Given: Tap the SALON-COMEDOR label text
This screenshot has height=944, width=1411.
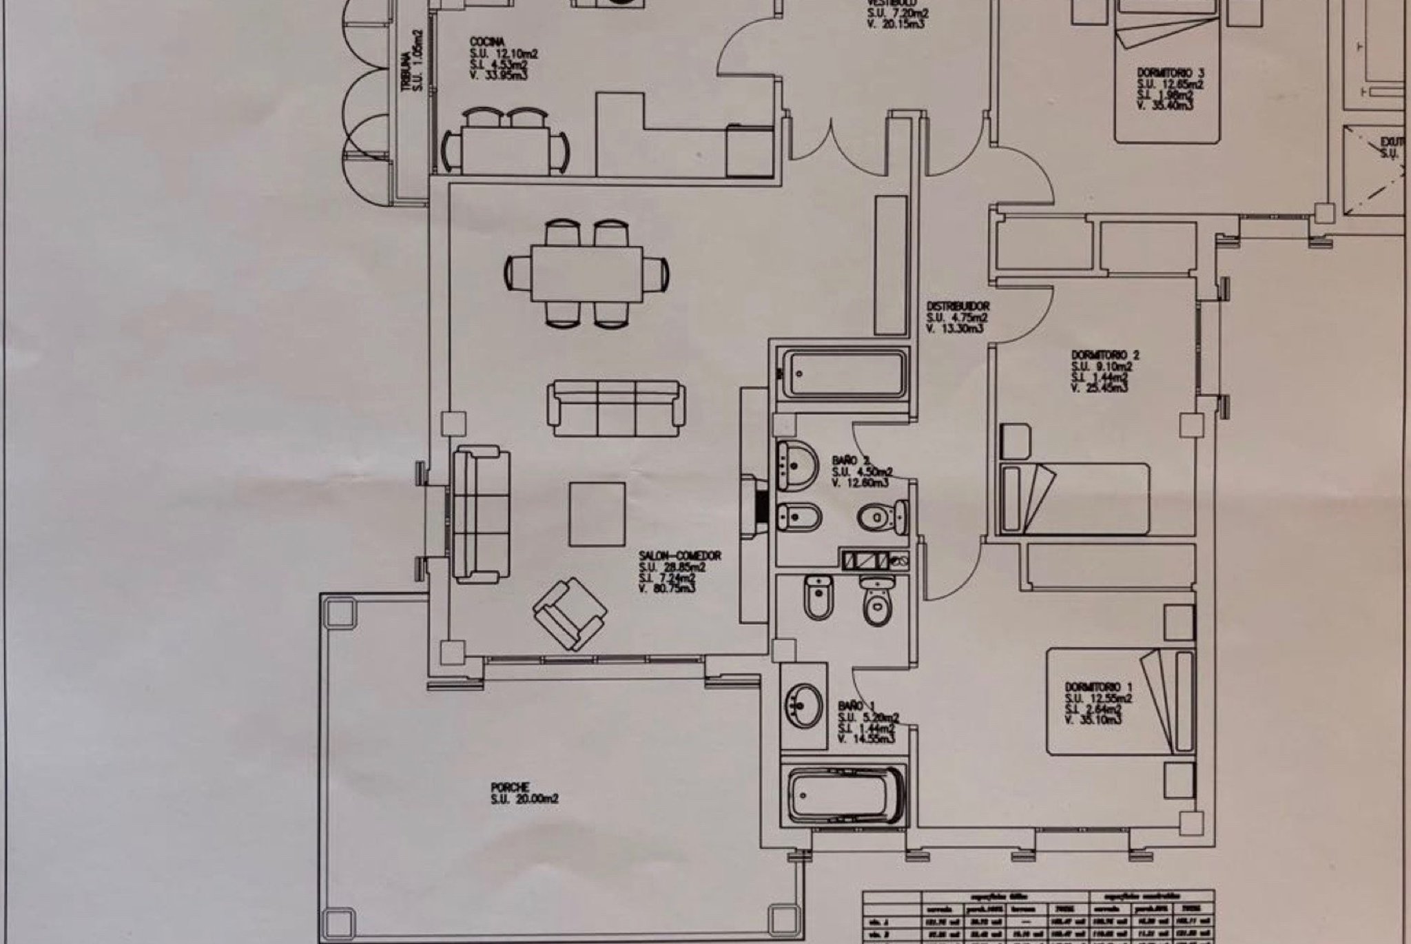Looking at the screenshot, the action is click(x=679, y=555).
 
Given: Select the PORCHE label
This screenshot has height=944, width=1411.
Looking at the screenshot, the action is click(x=511, y=787).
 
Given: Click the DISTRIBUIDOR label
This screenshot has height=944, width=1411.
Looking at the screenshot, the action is click(x=958, y=306).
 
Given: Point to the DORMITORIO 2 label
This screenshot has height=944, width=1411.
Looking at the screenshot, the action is click(x=1105, y=356).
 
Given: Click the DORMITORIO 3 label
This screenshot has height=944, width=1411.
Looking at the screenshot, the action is click(x=1170, y=72).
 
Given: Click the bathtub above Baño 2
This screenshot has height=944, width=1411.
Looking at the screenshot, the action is click(x=845, y=374).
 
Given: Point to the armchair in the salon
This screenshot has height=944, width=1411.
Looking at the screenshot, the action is click(x=570, y=613).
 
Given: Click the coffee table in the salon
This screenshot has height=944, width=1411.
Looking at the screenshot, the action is click(x=597, y=514).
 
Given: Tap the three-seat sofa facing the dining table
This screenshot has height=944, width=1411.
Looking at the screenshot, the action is click(x=617, y=408).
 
